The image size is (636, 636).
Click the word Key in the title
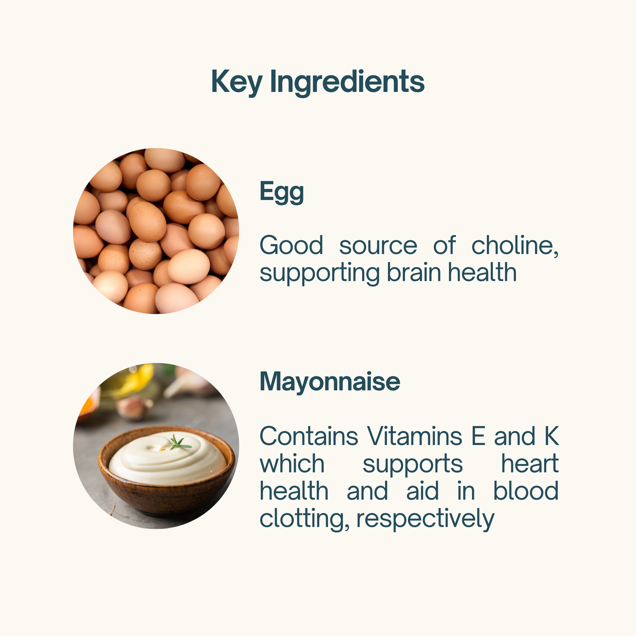[237, 82]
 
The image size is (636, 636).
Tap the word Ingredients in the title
[347, 82]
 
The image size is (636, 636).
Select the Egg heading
[282, 192]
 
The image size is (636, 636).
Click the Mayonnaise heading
[330, 381]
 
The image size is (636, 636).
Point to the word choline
[515, 246]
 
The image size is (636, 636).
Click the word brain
[414, 272]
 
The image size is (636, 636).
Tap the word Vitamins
[415, 436]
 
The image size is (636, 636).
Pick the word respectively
[426, 519]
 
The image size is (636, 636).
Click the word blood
[526, 490]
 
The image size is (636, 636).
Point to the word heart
[530, 463]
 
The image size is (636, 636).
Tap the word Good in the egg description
[291, 245]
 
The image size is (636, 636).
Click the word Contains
[309, 436]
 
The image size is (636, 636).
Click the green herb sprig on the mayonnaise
[180, 443]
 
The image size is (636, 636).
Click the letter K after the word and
[551, 436]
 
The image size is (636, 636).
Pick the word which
[292, 463]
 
